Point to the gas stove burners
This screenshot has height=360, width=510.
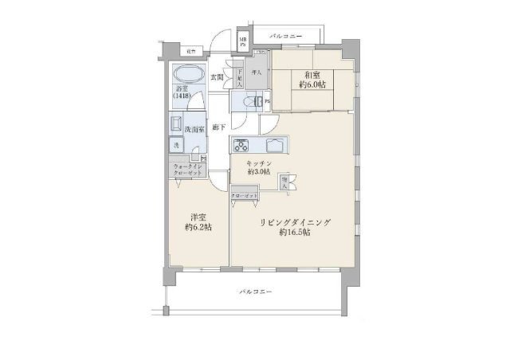pyautogui.click(x=242, y=145)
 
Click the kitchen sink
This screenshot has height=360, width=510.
pyautogui.click(x=275, y=145)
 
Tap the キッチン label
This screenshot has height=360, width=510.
pyautogui.click(x=260, y=162)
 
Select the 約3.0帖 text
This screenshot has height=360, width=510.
pyautogui.click(x=260, y=171)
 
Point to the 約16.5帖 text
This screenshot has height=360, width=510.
pyautogui.click(x=295, y=233)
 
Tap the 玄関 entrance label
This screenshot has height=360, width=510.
pyautogui.click(x=217, y=76)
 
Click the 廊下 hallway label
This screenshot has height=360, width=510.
pyautogui.click(x=218, y=127)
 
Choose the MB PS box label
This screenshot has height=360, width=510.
pyautogui.click(x=245, y=41)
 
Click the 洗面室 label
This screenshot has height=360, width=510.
pyautogui.click(x=194, y=128)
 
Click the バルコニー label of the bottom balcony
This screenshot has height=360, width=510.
pyautogui.click(x=256, y=293)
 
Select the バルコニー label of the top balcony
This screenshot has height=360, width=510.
pyautogui.click(x=284, y=37)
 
